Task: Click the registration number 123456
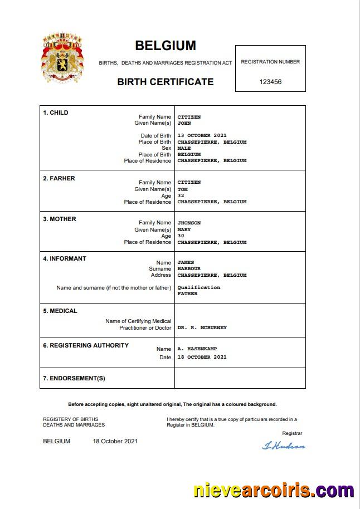[270, 81]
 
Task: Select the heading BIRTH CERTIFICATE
[166, 81]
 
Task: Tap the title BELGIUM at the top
[166, 46]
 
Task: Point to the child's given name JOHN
[184, 124]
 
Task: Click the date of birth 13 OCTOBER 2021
[202, 136]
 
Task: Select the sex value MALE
[184, 148]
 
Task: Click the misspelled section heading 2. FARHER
[59, 178]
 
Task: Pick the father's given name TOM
[182, 189]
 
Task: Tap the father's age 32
[181, 195]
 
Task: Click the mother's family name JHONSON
[189, 223]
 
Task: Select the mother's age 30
[181, 236]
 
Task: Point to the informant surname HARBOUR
[189, 269]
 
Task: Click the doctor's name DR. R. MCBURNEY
[202, 328]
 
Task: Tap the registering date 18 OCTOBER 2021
[202, 357]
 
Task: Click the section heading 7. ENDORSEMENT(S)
[74, 379]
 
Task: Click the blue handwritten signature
[284, 446]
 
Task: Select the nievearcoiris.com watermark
[273, 491]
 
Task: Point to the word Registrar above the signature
[292, 433]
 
